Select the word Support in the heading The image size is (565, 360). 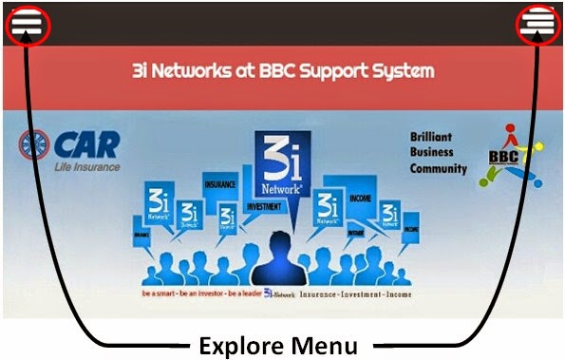346,71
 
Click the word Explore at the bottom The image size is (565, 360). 239,344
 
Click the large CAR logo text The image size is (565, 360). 87,145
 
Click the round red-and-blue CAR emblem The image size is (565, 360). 35,145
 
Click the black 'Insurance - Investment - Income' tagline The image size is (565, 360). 357,295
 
